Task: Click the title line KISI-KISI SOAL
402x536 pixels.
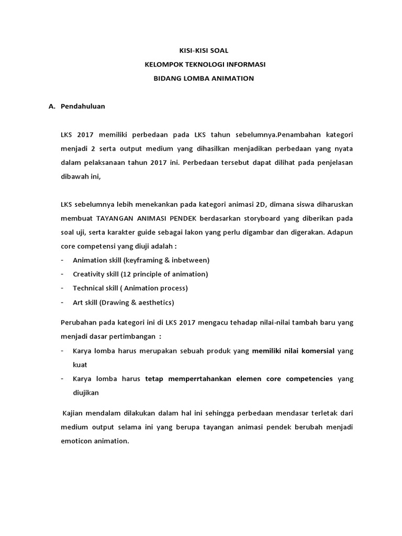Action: pos(201,50)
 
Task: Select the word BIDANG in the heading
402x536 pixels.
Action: pos(164,78)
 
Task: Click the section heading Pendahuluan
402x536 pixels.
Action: pos(83,106)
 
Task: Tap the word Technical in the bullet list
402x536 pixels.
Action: pos(89,288)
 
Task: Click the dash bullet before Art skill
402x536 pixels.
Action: pos(62,302)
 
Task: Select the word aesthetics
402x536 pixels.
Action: pos(154,302)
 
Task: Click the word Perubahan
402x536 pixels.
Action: pos(79,322)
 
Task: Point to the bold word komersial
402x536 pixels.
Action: pos(315,351)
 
